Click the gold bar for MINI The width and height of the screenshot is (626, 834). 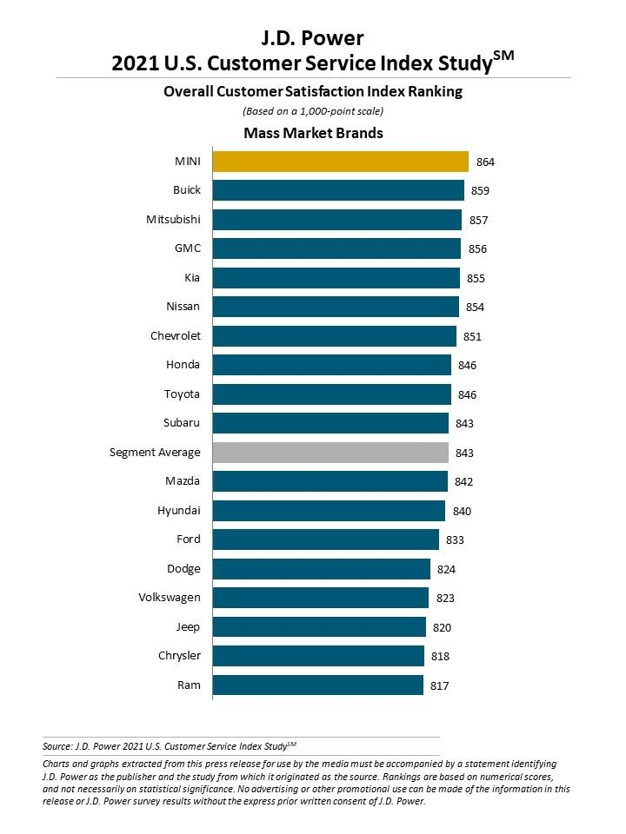coord(340,162)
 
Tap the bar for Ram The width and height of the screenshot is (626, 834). coord(317,685)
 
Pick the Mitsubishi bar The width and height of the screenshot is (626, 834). coord(336,220)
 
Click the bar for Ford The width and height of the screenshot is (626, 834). coord(325,539)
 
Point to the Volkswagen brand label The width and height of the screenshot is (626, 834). coord(170,598)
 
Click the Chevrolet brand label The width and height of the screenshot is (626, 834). coord(175,336)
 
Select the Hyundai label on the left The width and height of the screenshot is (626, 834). coord(179,511)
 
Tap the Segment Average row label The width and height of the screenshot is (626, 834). coord(155,453)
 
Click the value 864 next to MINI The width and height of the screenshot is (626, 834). coord(485,162)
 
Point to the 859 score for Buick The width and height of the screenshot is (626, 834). coord(481,190)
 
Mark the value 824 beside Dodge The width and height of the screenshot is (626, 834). coord(447,569)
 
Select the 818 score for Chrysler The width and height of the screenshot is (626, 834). coord(440,657)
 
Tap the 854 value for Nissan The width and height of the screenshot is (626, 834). coord(475,307)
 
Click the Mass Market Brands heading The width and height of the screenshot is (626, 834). coord(313,133)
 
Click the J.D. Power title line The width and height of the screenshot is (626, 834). coord(313,37)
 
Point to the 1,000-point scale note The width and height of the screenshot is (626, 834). coord(313,110)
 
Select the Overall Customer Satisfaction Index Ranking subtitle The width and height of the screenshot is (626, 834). coord(313,91)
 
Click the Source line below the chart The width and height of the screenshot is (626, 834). coord(170,745)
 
